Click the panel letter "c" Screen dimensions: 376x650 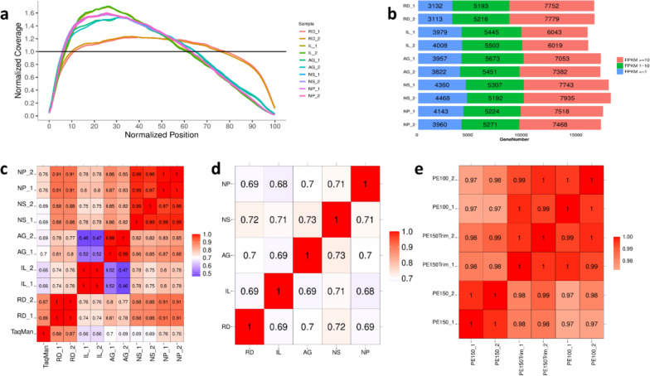click(7, 200)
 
